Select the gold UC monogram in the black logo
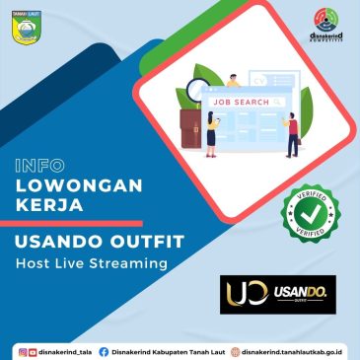[244, 293]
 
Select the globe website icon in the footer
[233, 350]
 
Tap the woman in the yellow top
[211, 134]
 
